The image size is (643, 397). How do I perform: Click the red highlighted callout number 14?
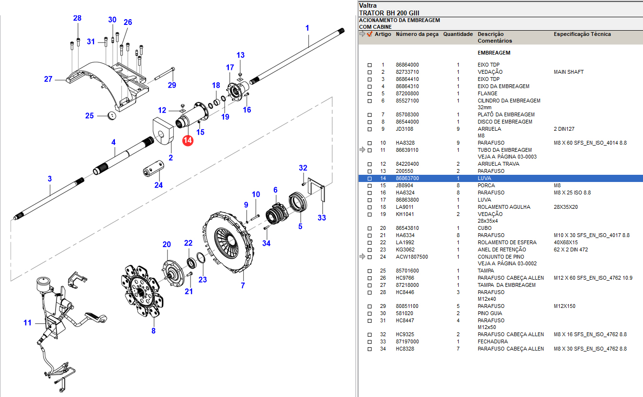coord(187,141)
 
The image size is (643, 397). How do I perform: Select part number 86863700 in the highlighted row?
coord(407,178)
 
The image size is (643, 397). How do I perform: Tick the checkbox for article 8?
coord(369,122)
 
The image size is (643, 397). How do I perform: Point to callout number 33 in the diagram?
coord(322,218)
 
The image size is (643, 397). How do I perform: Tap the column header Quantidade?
coord(458,34)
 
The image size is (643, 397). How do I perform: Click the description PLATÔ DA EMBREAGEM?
coord(506,115)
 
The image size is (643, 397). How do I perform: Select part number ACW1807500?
coord(412,257)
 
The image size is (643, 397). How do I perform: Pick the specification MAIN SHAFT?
coord(569,72)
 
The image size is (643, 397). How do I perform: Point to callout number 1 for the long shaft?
coord(307,28)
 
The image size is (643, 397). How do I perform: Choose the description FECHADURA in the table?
coord(493,342)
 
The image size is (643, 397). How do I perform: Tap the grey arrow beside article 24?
coord(362,257)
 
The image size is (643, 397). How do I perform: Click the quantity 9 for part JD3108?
coord(458,129)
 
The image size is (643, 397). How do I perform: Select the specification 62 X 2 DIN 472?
coord(571,250)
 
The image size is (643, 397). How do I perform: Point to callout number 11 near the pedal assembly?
coord(27,323)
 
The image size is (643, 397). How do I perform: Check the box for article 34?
coord(369,349)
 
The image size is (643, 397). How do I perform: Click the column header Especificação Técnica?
coord(582,34)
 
